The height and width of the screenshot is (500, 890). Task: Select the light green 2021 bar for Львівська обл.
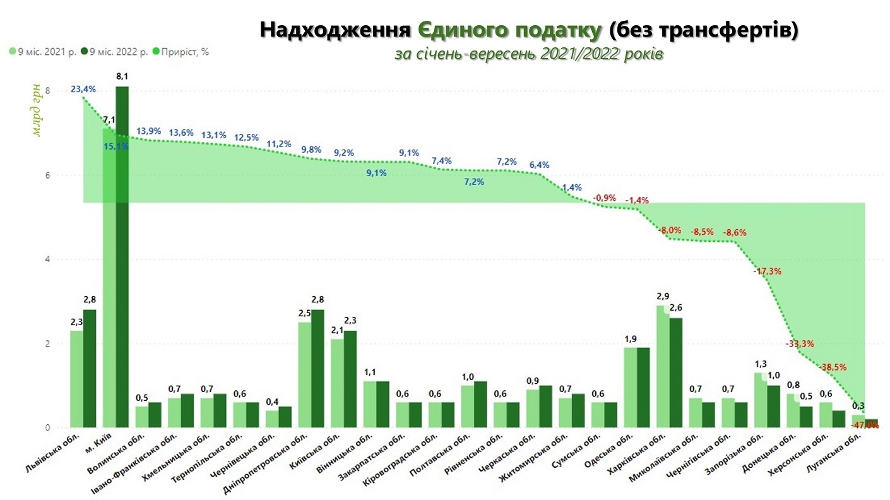[x=77, y=379]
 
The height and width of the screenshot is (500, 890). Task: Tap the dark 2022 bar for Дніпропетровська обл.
[x=318, y=369]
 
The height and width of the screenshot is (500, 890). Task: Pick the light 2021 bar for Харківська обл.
[x=662, y=366]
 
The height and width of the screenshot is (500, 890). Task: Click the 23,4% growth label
[x=83, y=89]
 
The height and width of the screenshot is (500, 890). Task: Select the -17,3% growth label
[x=767, y=271]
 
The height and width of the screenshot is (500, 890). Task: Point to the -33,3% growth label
[x=799, y=344]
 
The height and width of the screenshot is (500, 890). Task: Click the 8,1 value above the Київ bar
[x=122, y=76]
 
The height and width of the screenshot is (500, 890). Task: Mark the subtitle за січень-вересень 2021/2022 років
[x=529, y=54]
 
